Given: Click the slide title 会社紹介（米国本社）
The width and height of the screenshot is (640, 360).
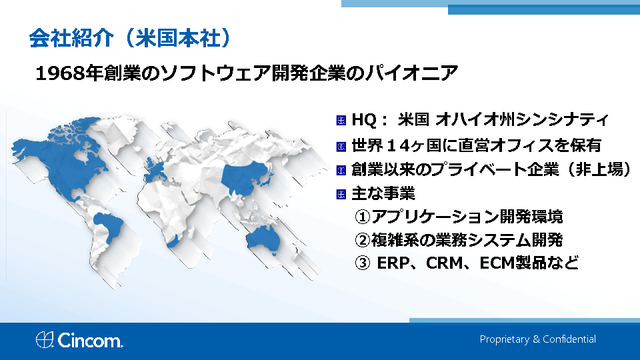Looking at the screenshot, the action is [x=131, y=39].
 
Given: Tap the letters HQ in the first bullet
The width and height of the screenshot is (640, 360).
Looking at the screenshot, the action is [x=364, y=120].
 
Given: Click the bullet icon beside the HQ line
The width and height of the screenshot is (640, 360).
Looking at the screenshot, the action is [x=341, y=121].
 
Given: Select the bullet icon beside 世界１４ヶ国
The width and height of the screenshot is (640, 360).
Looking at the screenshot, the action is [x=341, y=147].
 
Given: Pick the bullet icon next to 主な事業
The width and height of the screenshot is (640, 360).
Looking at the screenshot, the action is [x=341, y=194].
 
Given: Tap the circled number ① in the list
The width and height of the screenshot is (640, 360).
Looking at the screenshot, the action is [x=362, y=217].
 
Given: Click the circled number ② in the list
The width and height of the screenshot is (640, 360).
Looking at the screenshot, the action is [x=362, y=240].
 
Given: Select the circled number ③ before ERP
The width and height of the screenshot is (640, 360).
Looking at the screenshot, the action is [x=362, y=263].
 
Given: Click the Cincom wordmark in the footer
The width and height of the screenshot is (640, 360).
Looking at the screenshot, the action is [x=90, y=341].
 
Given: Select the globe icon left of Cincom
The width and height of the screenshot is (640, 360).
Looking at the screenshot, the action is [x=45, y=339].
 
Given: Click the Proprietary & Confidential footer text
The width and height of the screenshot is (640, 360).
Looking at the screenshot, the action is [x=537, y=339].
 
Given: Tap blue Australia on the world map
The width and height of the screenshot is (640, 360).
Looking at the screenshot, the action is [x=263, y=239].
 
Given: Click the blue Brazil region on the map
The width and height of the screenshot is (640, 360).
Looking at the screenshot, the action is [x=109, y=226].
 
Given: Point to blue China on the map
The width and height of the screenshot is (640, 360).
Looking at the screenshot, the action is [x=244, y=177].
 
